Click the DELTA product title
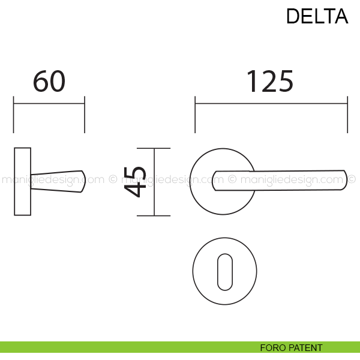317,16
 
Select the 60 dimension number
49,82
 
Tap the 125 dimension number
269,82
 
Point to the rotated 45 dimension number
136,181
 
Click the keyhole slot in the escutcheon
224,271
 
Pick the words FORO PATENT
291,348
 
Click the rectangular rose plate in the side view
22,181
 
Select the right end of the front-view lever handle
344,181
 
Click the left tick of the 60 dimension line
14,114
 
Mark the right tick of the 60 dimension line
85,114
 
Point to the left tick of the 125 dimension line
195,114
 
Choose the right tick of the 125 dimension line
347,114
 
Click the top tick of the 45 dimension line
154,148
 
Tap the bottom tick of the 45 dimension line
154,215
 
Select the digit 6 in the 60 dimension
40,82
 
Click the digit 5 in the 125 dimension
284,82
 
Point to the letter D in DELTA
293,16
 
